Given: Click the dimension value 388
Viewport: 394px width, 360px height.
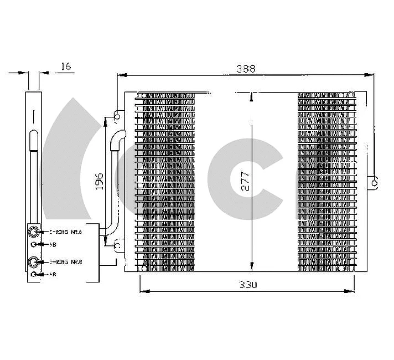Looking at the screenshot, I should tap(245, 69).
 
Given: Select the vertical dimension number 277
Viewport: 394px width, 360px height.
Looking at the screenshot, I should tap(246, 181).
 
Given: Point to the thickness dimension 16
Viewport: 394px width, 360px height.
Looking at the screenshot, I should tap(65, 66).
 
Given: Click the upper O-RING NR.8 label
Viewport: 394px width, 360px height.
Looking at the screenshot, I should tap(66, 232).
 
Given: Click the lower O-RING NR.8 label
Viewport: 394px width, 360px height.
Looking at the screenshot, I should tap(66, 261).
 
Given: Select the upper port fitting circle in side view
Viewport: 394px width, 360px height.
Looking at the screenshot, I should tap(34, 232).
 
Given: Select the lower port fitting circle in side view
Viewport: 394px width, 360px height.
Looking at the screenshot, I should tap(34, 261).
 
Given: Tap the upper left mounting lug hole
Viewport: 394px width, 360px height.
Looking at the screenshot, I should tap(117, 116).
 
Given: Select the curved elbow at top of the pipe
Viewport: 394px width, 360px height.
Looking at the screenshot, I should tap(117, 138).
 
